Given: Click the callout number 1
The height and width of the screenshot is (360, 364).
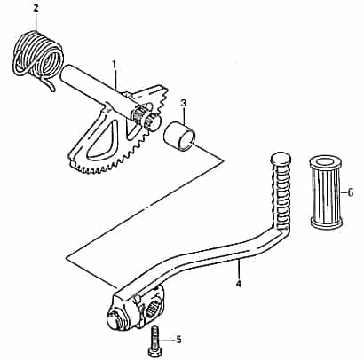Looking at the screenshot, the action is click(115, 64).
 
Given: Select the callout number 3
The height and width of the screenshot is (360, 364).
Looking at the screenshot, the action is click(183, 102).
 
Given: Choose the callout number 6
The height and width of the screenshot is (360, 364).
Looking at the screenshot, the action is click(349, 191).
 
